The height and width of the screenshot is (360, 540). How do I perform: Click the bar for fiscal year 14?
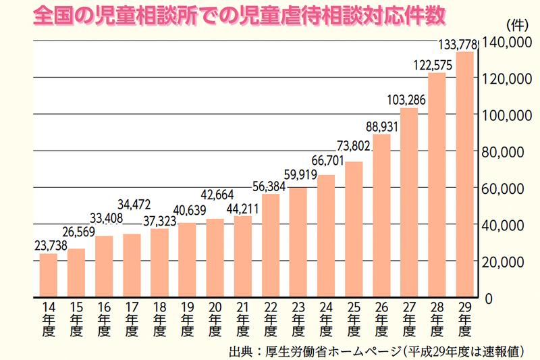click(x=48, y=275)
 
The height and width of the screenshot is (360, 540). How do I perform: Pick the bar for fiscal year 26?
click(x=381, y=215)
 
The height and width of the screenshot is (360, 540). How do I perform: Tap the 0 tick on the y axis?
click(x=487, y=297)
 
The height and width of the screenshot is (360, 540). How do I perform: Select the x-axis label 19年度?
click(x=187, y=319)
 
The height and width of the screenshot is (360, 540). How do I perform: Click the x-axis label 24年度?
click(x=326, y=319)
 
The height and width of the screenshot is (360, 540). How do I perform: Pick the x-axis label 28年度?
click(x=437, y=319)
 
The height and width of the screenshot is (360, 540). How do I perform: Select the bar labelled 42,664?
click(x=215, y=257)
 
